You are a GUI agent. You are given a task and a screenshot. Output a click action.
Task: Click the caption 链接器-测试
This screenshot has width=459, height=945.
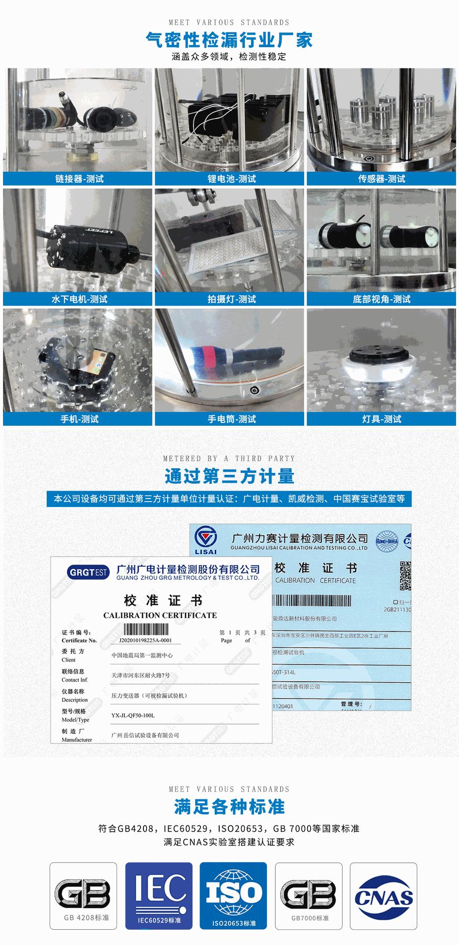[79, 179]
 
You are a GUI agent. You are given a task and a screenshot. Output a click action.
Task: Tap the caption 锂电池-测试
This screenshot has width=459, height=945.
[231, 179]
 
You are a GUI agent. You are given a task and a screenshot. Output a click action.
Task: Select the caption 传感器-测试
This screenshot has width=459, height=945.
[381, 179]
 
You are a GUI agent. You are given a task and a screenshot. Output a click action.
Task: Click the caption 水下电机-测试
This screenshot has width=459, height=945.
[79, 299]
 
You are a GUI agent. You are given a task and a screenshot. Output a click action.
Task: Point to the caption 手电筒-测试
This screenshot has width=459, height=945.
[231, 419]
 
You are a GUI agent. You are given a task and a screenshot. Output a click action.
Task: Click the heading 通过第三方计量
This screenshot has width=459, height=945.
[229, 476]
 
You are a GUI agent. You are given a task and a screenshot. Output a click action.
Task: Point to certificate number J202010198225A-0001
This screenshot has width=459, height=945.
[145, 640]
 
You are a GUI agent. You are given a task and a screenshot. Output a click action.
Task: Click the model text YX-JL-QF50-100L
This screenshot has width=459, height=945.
[133, 715]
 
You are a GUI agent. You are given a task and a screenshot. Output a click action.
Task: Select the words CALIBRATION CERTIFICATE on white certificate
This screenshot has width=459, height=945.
[160, 615]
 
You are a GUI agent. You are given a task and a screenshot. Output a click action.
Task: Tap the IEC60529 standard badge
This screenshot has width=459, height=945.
[159, 894]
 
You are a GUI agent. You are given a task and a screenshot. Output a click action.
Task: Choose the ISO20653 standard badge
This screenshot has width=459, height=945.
[233, 894]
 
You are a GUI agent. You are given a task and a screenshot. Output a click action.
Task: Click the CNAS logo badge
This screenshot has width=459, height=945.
[383, 894]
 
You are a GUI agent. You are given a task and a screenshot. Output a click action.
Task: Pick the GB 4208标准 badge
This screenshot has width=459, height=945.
[84, 894]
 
